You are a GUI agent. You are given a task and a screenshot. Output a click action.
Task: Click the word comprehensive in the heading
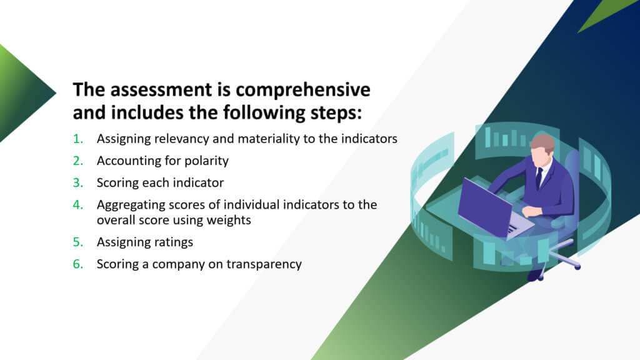pos(302,90)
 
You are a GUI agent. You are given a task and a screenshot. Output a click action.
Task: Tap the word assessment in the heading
pos(161,90)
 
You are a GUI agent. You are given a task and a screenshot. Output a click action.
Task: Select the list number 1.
pos(78,139)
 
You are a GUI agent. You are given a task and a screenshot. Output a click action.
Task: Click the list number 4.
pos(78,204)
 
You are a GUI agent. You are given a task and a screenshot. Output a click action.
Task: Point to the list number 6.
pos(78,264)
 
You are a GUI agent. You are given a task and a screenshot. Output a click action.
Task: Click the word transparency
pos(264,264)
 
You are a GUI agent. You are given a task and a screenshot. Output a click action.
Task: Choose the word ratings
pos(172,242)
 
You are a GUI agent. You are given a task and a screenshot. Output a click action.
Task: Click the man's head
pos(543,149)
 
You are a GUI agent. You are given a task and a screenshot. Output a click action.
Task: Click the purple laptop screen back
pos(484,207)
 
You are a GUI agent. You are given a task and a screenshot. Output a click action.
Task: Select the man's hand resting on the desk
pos(531,212)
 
